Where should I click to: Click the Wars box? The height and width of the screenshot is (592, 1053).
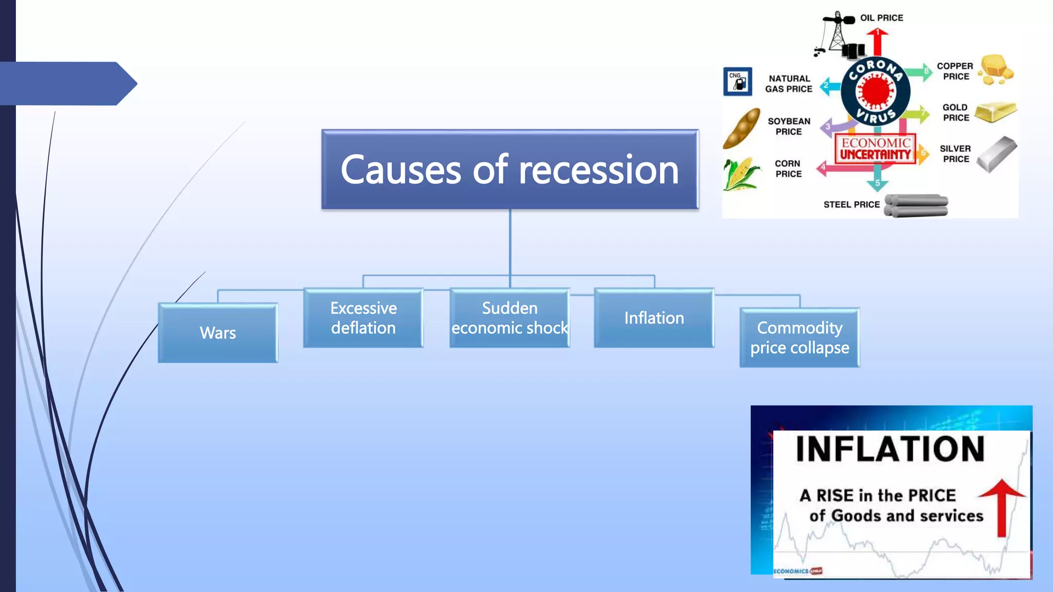(x=218, y=333)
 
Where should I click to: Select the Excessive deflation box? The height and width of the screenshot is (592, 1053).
(x=364, y=318)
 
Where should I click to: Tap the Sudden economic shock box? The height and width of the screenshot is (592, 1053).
(x=510, y=318)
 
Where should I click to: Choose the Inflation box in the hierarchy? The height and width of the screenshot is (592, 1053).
(x=654, y=318)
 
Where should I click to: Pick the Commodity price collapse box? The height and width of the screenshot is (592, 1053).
(x=800, y=338)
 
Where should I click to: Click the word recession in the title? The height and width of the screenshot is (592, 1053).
(x=598, y=170)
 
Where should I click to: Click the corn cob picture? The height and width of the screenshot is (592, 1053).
(x=740, y=174)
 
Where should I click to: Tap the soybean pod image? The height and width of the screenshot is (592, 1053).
(x=741, y=128)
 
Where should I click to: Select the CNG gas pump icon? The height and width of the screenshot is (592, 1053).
(x=738, y=82)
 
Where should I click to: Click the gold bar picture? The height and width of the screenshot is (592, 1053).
(x=995, y=112)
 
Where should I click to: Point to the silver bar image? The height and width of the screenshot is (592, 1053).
(x=996, y=154)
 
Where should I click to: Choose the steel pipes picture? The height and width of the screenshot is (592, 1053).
(x=917, y=206)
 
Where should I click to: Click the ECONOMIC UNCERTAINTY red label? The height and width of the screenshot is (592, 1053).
(x=875, y=149)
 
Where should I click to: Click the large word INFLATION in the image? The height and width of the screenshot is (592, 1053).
(x=890, y=449)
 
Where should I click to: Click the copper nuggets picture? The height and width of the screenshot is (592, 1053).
(x=996, y=70)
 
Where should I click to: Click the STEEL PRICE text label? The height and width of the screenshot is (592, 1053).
(x=851, y=205)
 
